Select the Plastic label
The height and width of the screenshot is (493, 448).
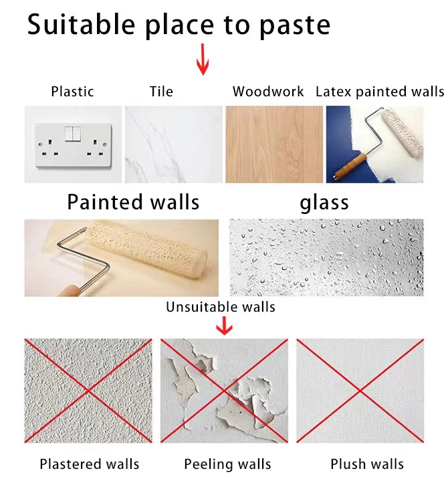click(x=72, y=92)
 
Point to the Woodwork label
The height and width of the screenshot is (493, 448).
click(x=268, y=92)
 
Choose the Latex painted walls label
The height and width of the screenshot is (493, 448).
click(x=379, y=92)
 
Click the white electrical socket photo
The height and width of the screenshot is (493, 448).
click(x=73, y=144)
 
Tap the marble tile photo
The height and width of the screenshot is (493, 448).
click(x=173, y=144)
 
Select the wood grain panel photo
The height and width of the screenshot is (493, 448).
click(x=273, y=144)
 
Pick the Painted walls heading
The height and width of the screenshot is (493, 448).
click(x=133, y=202)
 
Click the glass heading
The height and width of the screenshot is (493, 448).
click(x=324, y=202)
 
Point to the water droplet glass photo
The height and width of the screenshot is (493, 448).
click(x=326, y=258)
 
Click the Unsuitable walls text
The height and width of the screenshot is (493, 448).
click(x=221, y=307)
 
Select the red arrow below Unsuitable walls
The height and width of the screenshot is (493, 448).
click(x=225, y=326)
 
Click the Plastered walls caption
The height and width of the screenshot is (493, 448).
click(x=90, y=464)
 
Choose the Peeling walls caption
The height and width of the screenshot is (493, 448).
click(x=227, y=464)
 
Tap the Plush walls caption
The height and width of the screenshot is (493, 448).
click(x=367, y=464)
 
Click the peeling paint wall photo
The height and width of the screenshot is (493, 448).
click(x=224, y=390)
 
